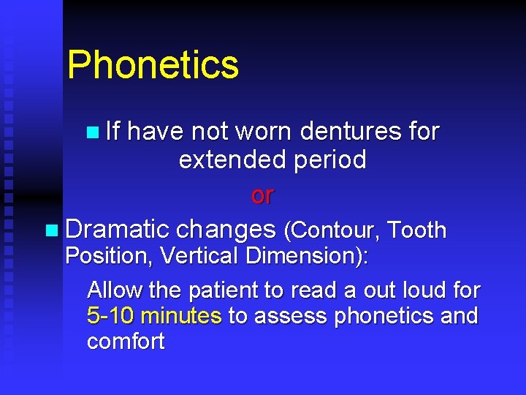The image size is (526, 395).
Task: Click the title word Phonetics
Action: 153,65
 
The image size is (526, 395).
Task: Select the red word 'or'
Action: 262,195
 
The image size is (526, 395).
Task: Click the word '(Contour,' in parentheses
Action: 332,230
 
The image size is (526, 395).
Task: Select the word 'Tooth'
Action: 417,230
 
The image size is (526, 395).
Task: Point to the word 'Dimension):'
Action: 308,257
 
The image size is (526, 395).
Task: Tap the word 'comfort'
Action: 126,342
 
